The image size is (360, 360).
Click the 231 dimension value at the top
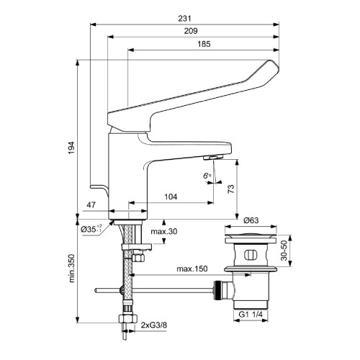point(184,19)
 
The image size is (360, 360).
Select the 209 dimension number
point(191,31)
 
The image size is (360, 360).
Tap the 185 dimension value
point(204,44)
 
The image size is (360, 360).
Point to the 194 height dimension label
point(71,148)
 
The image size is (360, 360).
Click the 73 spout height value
point(231,189)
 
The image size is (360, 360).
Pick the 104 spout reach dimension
point(171,197)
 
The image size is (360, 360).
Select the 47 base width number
point(91,205)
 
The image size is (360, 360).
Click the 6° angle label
point(207,176)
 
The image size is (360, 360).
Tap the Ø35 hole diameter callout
point(91,229)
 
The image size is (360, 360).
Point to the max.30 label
point(164,231)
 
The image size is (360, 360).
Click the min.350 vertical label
point(71,269)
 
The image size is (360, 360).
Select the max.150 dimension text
point(192,269)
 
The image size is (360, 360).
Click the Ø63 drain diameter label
point(251,220)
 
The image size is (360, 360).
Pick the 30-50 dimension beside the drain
point(284,251)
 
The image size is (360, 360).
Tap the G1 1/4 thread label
point(251,315)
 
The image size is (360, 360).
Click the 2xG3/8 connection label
point(153,325)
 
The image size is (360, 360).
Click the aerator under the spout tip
point(213,158)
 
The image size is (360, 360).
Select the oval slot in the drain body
point(251,255)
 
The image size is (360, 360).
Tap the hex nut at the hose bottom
point(128,319)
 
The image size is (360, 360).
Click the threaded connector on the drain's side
point(217,290)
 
